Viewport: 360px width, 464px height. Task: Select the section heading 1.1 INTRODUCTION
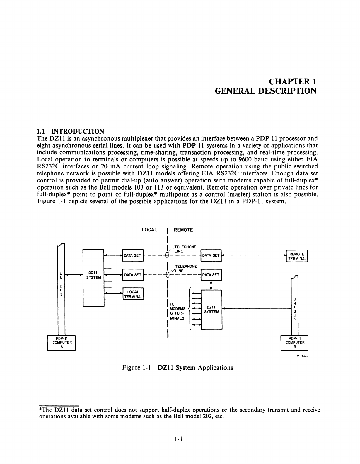[70, 131]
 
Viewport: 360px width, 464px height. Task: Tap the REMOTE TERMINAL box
[297, 256]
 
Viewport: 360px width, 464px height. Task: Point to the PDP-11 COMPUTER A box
[62, 342]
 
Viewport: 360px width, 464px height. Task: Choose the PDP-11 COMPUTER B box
[295, 342]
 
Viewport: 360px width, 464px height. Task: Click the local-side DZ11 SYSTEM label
[93, 275]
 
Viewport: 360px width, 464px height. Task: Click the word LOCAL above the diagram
[149, 230]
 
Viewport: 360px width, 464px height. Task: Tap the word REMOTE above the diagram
[183, 230]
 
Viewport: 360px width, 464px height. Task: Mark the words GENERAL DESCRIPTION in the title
[266, 91]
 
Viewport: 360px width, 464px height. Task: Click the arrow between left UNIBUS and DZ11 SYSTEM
[74, 275]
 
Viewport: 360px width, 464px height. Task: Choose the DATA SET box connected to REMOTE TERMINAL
[211, 255]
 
